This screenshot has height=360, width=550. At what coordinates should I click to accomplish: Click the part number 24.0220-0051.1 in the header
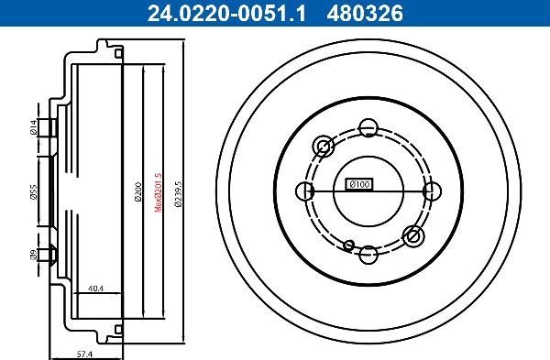pos(212,12)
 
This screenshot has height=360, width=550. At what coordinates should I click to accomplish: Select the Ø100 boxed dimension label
pos(358,184)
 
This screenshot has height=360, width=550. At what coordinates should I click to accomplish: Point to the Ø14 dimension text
pos(33,128)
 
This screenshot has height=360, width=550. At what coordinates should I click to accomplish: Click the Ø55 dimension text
pos(33,191)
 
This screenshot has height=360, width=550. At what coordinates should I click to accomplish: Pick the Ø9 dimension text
pos(33,256)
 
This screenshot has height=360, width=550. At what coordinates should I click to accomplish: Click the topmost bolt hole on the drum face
pos(368,127)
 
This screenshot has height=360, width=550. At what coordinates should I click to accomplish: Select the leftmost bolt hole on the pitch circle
pos(305,191)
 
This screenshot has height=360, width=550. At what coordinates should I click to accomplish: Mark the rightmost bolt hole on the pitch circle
pos(431,191)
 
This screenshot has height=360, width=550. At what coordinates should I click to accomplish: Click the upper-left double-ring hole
pos(324,146)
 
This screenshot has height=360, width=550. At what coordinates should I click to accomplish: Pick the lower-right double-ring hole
pos(413,235)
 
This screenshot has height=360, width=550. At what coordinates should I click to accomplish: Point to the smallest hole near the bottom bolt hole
pos(349,244)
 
